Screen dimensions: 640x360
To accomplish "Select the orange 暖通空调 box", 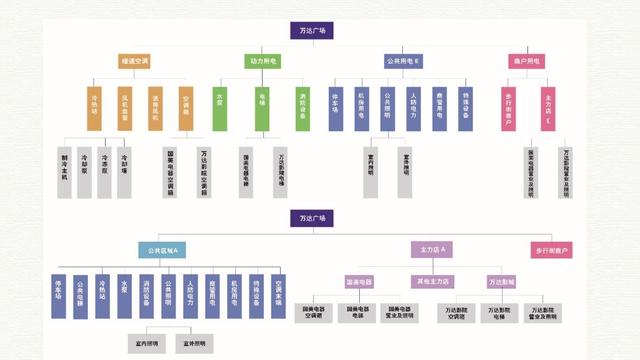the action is click(x=133, y=62).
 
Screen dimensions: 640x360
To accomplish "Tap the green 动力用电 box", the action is click(x=262, y=62).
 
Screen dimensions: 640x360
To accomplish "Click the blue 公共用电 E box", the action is click(x=404, y=62).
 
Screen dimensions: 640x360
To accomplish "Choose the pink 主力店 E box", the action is click(x=549, y=107).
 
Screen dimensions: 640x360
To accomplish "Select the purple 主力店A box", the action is click(x=433, y=249).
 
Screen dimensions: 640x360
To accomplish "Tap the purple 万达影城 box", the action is click(x=501, y=282).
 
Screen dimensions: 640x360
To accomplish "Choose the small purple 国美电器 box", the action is click(x=359, y=282).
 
